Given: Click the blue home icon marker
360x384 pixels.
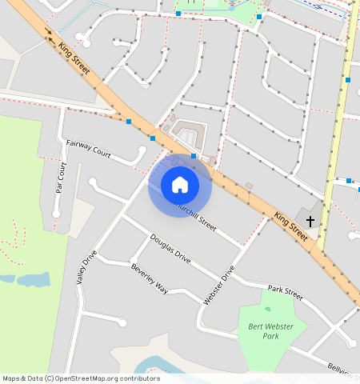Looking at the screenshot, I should pos(180,186).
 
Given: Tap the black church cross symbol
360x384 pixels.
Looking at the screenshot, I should pos(310,220).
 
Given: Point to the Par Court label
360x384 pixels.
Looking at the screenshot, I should pos(61,178).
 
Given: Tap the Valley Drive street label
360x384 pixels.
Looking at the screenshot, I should pos(86,268).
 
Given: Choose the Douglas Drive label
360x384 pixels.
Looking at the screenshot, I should pos(170,249).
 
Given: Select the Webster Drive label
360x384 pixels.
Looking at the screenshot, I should pos(220,285).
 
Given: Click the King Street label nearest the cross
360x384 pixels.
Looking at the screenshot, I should pos(290,226).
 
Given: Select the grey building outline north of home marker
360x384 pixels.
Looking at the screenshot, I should pos(189,131).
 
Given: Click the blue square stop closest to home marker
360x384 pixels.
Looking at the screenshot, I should pos(194,157).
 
